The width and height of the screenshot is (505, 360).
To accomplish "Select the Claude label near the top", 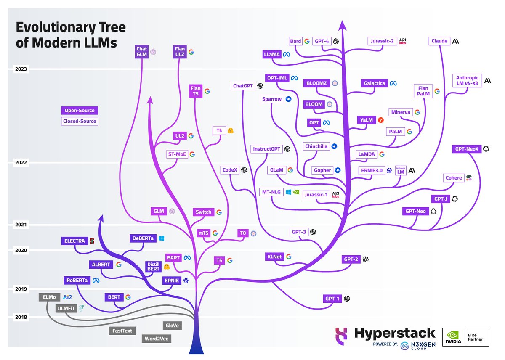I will point(439,41).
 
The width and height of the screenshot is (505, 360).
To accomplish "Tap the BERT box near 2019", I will point(114,297).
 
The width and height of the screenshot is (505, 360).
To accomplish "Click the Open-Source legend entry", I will point(79,111).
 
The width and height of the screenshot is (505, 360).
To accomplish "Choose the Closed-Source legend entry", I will point(79,121).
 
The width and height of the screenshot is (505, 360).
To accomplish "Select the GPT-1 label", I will point(332,299).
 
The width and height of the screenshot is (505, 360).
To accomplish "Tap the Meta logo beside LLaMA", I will point(286,55).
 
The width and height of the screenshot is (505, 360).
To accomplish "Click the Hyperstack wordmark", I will point(394,334).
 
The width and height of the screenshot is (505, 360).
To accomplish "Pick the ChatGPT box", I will point(244,86).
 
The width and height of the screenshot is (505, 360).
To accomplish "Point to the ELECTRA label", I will point(74,241).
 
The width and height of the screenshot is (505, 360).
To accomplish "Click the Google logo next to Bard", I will point(307,41).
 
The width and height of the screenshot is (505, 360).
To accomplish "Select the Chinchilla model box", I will point(316,146).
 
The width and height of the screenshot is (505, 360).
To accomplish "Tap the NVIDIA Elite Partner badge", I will point(465,337).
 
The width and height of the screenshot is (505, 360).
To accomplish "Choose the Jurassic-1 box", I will point(316,195).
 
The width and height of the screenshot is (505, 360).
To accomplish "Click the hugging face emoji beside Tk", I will point(231,131).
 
